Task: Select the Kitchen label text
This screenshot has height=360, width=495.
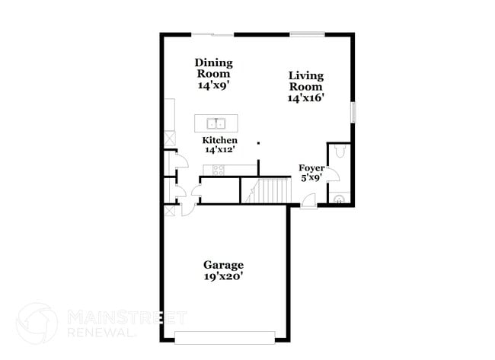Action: pyautogui.click(x=219, y=141)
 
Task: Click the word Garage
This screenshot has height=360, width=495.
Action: pyautogui.click(x=223, y=265)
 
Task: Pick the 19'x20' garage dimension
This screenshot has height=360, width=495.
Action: pyautogui.click(x=223, y=278)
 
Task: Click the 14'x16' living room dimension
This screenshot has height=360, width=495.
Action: pyautogui.click(x=306, y=98)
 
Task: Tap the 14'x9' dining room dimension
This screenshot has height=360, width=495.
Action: pyautogui.click(x=214, y=86)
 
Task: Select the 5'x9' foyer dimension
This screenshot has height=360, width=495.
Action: pyautogui.click(x=310, y=177)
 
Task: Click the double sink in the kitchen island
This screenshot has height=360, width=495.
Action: pyautogui.click(x=216, y=123)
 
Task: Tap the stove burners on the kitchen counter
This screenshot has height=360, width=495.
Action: pyautogui.click(x=219, y=170)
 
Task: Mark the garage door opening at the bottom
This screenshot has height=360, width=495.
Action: pyautogui.click(x=224, y=336)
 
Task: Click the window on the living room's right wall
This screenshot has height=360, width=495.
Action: pyautogui.click(x=352, y=111)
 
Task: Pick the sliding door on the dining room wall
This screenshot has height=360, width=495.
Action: pyautogui.click(x=212, y=34)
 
